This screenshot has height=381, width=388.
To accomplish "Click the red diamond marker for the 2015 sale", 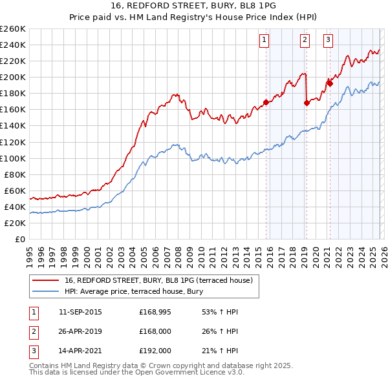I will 266,102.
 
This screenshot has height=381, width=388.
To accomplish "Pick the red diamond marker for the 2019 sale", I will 307,103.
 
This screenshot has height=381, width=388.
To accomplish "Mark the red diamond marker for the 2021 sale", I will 329,83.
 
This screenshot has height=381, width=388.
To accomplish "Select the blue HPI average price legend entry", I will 134,292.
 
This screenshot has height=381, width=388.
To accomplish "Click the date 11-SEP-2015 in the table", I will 80,313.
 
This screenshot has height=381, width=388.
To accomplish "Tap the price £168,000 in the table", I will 155,332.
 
